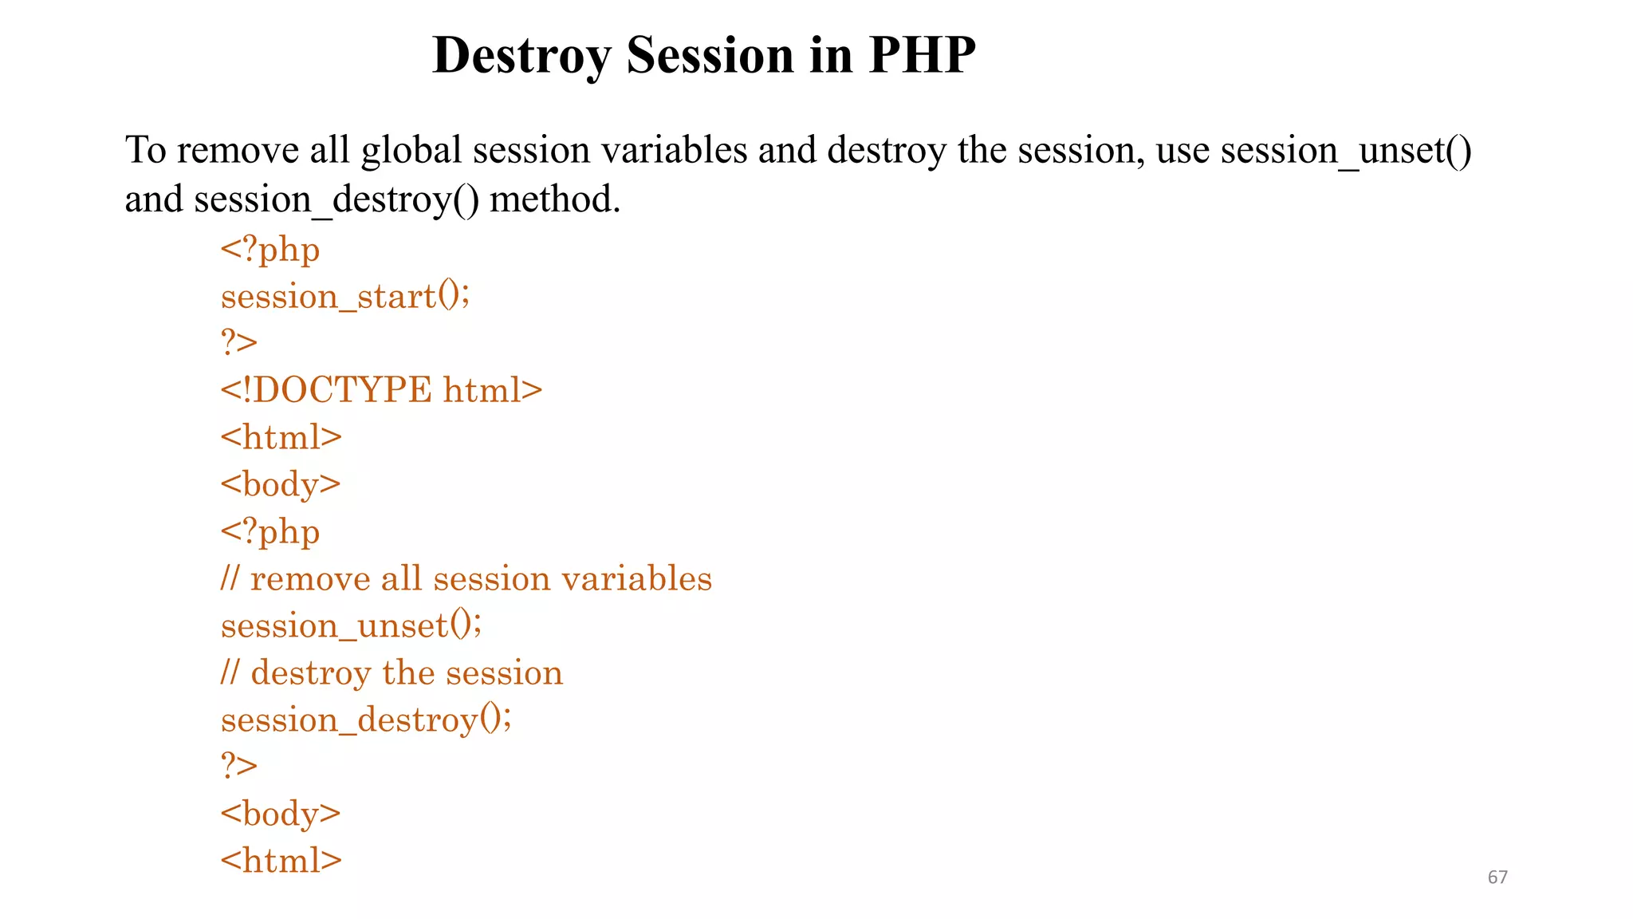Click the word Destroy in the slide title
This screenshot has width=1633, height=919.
521,56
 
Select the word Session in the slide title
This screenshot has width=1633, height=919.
710,56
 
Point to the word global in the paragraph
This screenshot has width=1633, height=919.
411,151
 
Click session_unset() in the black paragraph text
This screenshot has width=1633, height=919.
1346,151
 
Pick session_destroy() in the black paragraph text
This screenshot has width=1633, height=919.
336,199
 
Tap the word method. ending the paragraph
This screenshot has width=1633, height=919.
555,199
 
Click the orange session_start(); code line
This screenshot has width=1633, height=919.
345,297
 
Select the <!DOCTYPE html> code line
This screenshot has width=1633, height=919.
381,390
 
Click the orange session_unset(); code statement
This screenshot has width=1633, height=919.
351,625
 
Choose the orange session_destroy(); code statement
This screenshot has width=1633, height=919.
366,720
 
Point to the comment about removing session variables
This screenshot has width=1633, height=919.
466,578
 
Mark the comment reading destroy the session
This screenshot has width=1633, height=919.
392,672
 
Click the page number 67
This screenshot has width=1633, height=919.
1497,878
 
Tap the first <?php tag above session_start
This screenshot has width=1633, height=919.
270,250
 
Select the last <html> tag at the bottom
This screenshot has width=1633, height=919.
281,861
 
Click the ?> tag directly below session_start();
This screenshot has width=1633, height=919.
239,343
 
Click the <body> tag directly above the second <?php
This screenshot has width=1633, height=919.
281,484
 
